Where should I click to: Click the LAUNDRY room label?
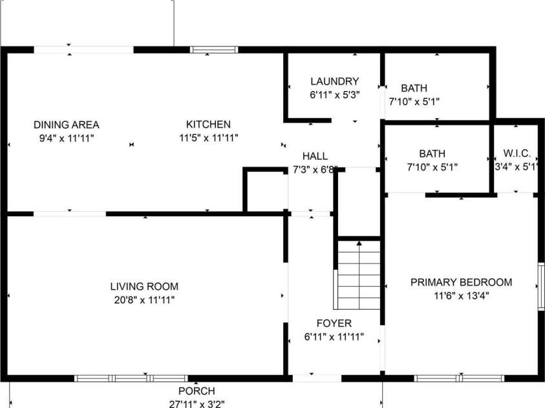tap(334, 81)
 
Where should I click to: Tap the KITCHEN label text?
tap(208, 124)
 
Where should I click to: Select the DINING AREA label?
tap(67, 125)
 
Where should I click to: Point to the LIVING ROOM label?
tap(144, 286)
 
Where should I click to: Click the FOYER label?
tap(334, 323)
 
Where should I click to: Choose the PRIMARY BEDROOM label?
tap(461, 282)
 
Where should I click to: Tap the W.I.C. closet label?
tap(517, 154)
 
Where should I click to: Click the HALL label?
tap(315, 156)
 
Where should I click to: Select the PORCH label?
tap(197, 391)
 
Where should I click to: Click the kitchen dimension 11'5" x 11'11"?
tap(209, 138)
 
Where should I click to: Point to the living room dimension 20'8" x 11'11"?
tap(144, 300)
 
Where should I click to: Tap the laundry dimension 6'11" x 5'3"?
tap(334, 95)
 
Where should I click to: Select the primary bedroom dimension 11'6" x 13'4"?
tap(461, 296)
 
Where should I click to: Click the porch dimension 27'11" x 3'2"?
tap(197, 404)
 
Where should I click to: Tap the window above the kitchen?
tap(214, 50)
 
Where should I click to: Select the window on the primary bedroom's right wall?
tap(541, 286)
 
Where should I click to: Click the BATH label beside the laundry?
tap(414, 88)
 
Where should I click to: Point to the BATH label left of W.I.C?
tap(432, 154)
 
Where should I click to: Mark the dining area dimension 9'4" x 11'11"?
tap(67, 138)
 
